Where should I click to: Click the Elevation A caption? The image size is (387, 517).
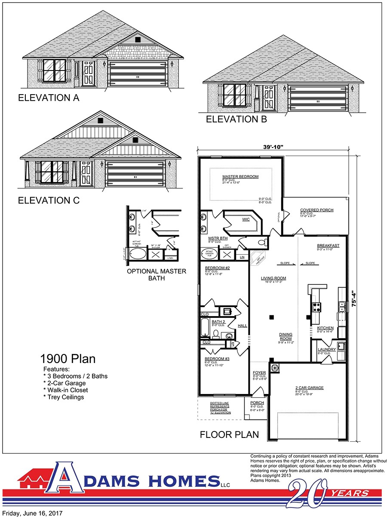coord(49,98)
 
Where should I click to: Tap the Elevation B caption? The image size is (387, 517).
coord(236,119)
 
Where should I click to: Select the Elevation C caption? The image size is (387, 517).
coord(49,200)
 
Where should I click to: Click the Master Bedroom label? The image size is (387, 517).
coord(240,177)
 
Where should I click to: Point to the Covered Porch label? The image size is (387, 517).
coord(316,210)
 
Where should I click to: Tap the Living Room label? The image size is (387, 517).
coord(273,278)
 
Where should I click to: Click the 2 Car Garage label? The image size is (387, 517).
coord(309,388)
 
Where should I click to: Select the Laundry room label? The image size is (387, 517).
coord(326,349)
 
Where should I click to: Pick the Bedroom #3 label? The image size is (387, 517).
coord(217,359)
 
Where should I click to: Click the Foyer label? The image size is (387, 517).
coord(259,372)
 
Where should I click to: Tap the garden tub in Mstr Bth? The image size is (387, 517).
coord(209,254)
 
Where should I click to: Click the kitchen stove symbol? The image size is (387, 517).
coord(316,307)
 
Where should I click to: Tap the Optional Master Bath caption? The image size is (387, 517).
coord(157,275)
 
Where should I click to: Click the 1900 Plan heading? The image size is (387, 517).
coord(68,359)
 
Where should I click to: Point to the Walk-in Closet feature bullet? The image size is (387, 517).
coord(65,390)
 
